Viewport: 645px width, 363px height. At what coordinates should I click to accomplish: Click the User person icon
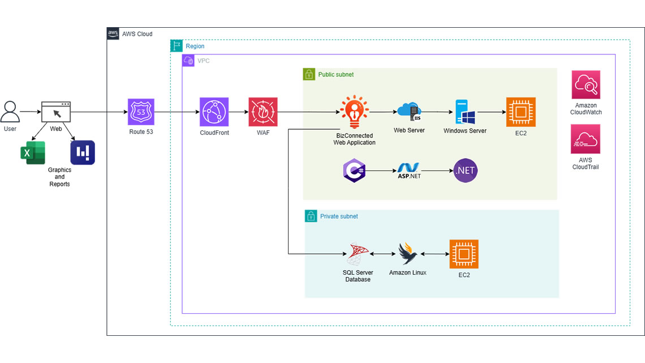[10, 112]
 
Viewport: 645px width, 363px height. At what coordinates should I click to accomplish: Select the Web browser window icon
[56, 112]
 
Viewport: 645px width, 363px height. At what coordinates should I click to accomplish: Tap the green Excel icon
[32, 153]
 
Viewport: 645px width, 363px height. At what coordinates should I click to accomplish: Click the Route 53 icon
[141, 112]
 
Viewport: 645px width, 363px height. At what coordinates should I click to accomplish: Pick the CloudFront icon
[214, 112]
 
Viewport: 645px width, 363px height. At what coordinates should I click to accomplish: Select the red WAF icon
[263, 112]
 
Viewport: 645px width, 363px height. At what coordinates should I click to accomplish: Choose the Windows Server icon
[465, 112]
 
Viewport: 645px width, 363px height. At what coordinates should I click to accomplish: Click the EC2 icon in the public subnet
[521, 112]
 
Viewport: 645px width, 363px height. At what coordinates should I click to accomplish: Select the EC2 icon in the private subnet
[464, 254]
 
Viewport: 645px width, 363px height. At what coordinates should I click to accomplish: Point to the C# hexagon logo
[355, 170]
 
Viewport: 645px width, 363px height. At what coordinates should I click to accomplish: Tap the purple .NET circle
[465, 170]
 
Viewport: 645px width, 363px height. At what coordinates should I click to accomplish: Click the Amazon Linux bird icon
[408, 254]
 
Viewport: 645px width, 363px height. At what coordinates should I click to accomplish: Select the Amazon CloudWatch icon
[586, 85]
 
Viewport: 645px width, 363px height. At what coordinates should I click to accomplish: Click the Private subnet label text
[339, 216]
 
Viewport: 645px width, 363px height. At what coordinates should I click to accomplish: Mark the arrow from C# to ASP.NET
[382, 170]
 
